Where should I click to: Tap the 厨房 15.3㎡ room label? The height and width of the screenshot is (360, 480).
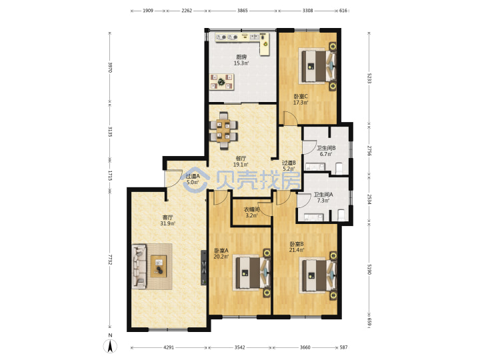241,60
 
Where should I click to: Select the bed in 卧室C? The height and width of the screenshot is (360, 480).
319,66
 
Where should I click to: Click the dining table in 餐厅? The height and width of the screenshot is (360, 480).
223,131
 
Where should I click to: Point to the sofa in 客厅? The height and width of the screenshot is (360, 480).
139,266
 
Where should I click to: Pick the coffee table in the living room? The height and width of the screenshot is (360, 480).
159,266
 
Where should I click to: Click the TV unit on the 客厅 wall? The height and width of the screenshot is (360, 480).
203,268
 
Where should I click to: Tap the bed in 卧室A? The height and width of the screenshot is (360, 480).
253,273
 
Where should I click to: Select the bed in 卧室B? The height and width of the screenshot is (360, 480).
319,275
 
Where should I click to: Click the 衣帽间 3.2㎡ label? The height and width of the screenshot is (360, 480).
251,213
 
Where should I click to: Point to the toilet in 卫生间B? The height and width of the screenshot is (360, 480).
339,169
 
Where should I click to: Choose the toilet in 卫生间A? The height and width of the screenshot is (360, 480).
341,215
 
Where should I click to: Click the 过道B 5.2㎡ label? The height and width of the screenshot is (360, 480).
289,165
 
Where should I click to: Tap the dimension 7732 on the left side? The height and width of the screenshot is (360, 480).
110,259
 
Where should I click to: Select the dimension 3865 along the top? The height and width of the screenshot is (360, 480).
243,11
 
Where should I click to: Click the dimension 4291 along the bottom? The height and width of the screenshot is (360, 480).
169,347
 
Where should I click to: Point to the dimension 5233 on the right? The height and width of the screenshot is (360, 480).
369,78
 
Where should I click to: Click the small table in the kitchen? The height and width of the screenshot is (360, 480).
221,82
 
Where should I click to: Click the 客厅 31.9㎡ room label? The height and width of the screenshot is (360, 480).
168,221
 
